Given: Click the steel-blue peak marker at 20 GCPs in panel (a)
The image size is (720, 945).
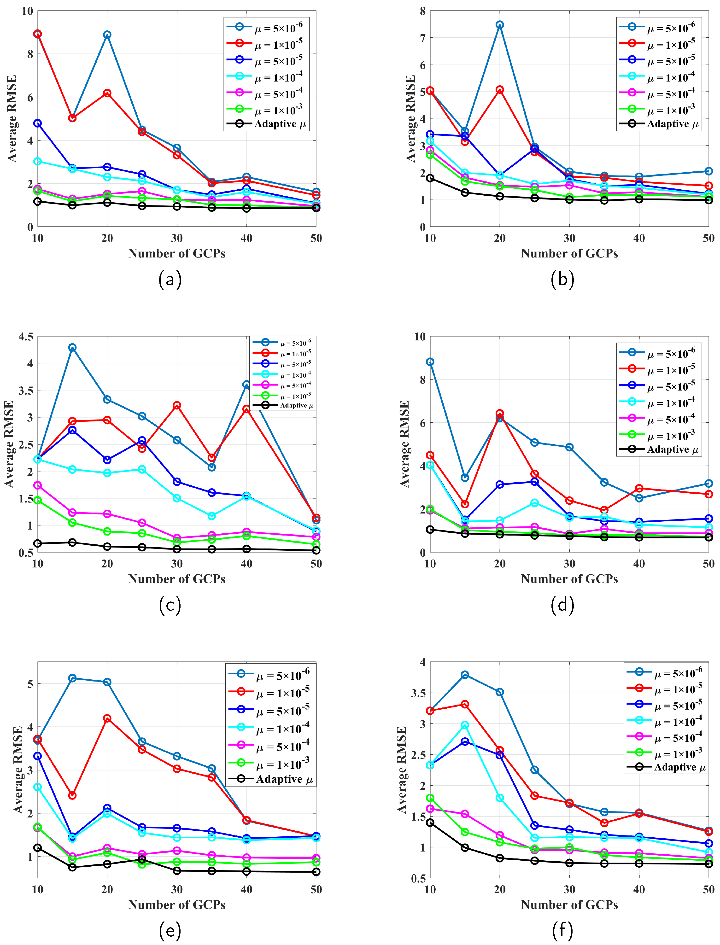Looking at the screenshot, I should pyautogui.click(x=107, y=35).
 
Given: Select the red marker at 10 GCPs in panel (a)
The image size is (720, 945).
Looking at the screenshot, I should pyautogui.click(x=38, y=34).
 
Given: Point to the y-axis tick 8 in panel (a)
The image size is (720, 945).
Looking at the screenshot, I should pyautogui.click(x=30, y=54).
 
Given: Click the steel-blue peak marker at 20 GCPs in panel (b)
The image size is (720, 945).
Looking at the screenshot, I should pyautogui.click(x=500, y=25).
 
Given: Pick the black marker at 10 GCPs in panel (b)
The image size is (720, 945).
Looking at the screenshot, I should pyautogui.click(x=430, y=178).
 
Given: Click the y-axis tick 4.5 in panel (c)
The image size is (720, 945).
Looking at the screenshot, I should pyautogui.click(x=26, y=336).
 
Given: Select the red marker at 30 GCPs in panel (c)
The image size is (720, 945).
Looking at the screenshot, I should pyautogui.click(x=176, y=405).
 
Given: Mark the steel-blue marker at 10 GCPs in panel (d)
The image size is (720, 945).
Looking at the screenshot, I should pyautogui.click(x=430, y=362).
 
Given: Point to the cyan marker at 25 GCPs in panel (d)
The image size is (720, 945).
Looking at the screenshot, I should pyautogui.click(x=534, y=503).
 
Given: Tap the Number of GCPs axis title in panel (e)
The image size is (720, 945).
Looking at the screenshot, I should pyautogui.click(x=176, y=905).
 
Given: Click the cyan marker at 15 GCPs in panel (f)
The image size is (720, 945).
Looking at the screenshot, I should pyautogui.click(x=465, y=725).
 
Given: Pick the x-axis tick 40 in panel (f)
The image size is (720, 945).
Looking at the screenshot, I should pyautogui.click(x=639, y=890).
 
